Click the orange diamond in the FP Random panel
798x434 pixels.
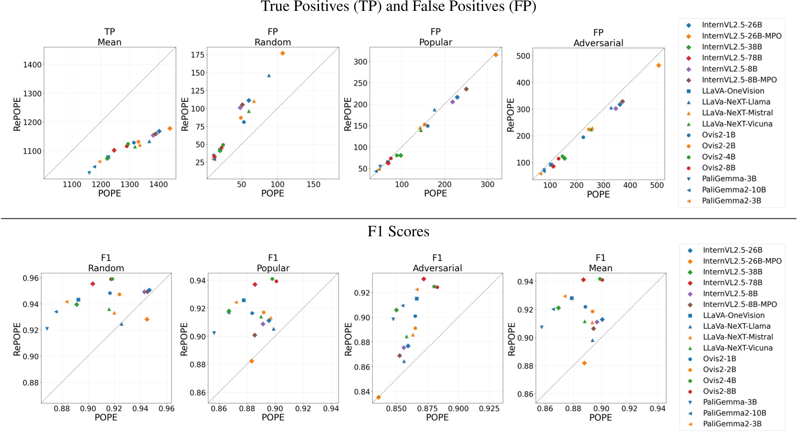tap(282, 53)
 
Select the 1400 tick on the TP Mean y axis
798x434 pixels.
tap(32, 65)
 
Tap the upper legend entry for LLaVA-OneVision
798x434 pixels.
tap(732, 91)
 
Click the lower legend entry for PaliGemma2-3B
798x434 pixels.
tap(732, 424)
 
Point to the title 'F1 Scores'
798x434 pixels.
tap(398, 231)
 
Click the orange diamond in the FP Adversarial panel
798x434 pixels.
tap(658, 65)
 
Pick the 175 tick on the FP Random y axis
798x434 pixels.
tap(197, 55)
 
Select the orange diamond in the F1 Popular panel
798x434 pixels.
tap(252, 361)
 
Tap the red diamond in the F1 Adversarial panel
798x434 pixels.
tap(423, 279)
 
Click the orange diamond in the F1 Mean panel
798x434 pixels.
tap(584, 363)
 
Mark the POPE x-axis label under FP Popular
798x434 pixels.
tap(435, 193)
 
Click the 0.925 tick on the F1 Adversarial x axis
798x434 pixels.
tap(489, 408)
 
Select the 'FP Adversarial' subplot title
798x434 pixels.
tap(598, 38)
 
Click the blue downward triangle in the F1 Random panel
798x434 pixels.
tap(47, 329)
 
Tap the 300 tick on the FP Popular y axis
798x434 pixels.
tap(360, 62)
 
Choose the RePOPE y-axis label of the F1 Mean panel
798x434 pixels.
tap(512, 339)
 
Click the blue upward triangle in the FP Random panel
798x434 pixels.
tap(269, 76)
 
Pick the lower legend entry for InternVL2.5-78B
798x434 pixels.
tap(732, 282)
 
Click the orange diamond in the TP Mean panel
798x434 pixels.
tap(169, 129)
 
